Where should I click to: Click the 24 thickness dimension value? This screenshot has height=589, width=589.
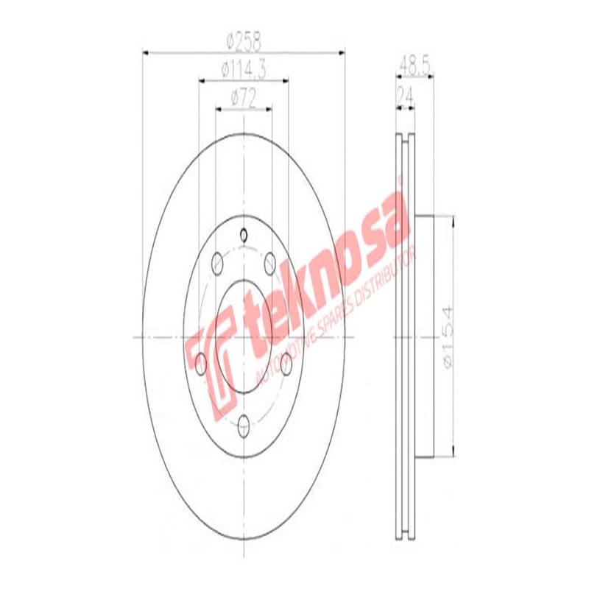pyautogui.click(x=404, y=95)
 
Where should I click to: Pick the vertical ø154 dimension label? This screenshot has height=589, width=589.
pyautogui.click(x=445, y=335)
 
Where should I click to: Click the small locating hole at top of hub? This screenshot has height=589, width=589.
pyautogui.click(x=244, y=236)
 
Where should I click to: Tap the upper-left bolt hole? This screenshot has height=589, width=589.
pyautogui.click(x=216, y=262)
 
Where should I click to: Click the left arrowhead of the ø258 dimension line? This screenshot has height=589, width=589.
pyautogui.click(x=145, y=52)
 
